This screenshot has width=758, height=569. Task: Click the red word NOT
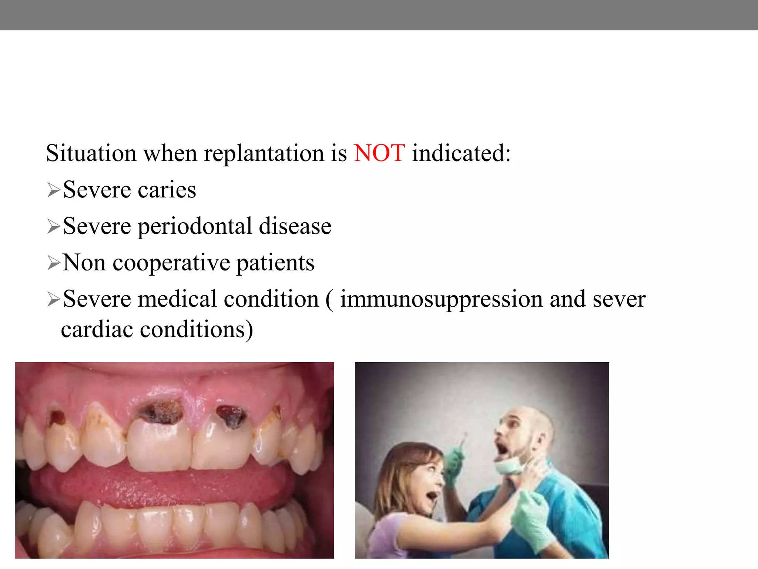point(379,153)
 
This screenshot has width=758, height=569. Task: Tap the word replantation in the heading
point(264,154)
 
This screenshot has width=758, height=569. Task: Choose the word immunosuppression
point(441,300)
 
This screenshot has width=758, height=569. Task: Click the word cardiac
point(97,329)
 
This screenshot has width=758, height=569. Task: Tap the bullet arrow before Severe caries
point(54,190)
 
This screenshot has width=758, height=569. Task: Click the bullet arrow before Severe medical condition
point(54,300)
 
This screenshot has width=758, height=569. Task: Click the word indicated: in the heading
point(461,153)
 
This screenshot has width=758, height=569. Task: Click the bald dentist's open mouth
point(503,448)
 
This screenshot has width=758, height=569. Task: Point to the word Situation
point(91,153)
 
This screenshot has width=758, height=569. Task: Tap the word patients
point(275,263)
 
